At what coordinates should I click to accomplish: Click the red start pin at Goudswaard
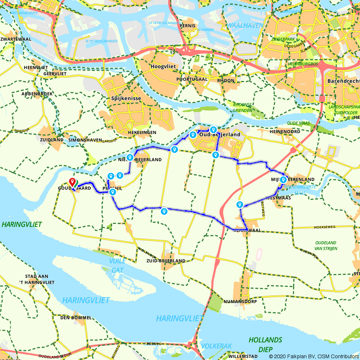click(x=72, y=181)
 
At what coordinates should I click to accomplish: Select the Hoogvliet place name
click(x=162, y=67)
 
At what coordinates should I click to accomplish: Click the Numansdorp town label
click(x=240, y=301)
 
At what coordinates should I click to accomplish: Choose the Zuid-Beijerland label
click(x=166, y=261)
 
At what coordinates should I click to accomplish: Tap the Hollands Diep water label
click(x=265, y=344)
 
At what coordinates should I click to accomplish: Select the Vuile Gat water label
click(x=118, y=265)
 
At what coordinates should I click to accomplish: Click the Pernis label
click(x=189, y=26)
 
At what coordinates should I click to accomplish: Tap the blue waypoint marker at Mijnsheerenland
click(x=283, y=179)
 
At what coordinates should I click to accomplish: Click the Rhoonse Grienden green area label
click(x=242, y=108)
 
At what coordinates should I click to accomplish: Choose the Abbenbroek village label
click(x=37, y=94)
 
